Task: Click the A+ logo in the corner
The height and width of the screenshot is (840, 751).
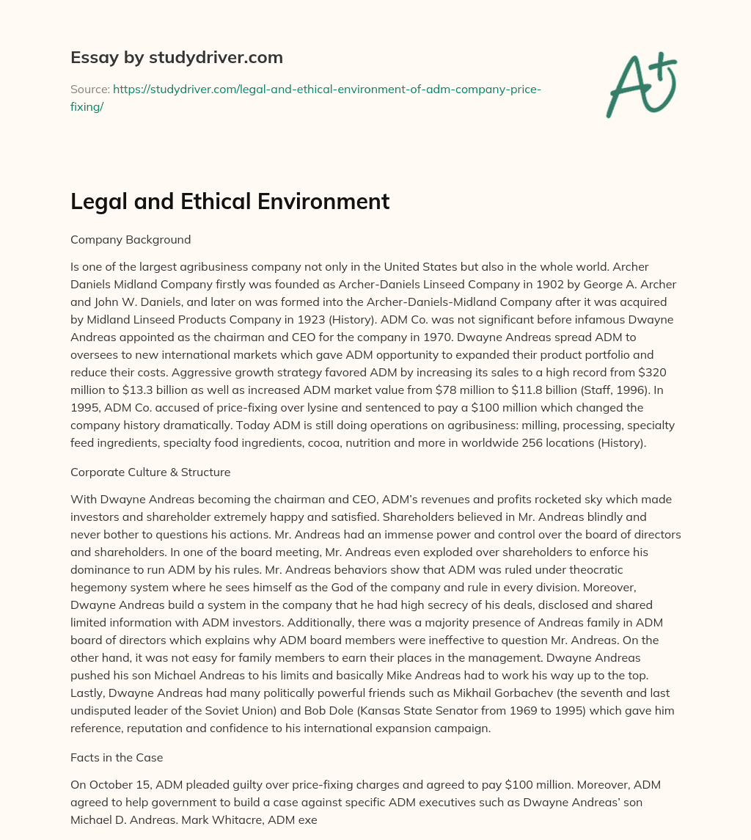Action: coord(642,85)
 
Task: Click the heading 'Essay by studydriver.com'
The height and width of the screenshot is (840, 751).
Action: coord(177,57)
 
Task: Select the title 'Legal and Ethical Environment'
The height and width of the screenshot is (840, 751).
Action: coord(230,201)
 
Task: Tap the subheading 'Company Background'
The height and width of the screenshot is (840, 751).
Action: coord(131,239)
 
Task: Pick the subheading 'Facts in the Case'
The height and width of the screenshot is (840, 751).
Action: coord(116,757)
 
